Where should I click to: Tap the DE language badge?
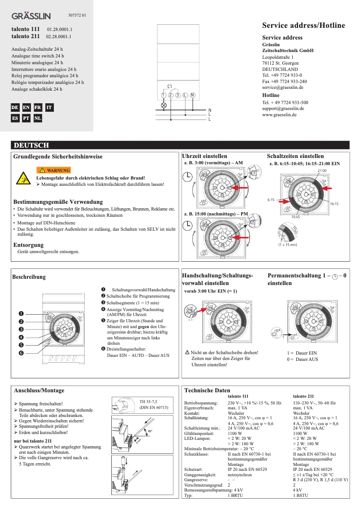point(15,108)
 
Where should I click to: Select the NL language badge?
point(38,118)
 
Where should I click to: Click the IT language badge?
point(49,108)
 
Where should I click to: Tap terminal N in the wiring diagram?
point(192,95)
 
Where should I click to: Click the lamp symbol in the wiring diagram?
point(164,105)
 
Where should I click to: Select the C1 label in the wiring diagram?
point(170,86)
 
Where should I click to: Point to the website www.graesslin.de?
point(279,115)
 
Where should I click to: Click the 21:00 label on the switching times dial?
point(322,171)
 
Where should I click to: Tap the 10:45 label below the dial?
point(295,217)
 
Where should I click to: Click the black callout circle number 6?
point(21,353)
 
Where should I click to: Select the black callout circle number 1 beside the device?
point(21,313)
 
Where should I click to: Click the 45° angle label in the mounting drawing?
point(150,431)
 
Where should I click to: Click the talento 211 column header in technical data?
point(303,397)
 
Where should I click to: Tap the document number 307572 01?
point(77,16)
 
